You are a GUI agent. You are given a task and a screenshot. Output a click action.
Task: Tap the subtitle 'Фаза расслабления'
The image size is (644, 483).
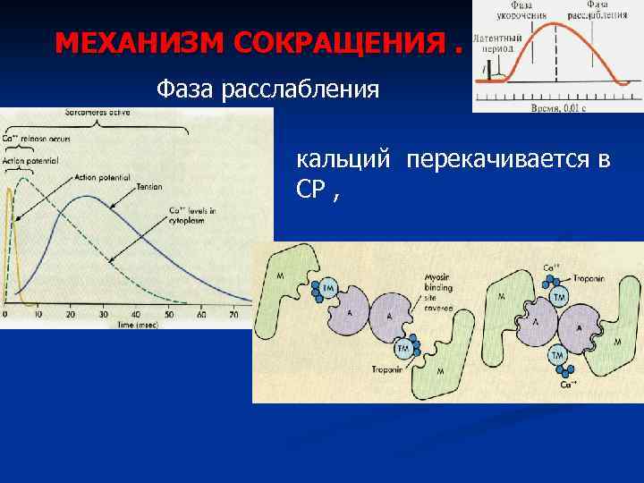coord(267,89)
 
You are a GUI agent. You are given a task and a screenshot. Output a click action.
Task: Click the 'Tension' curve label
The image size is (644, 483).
coord(149,188)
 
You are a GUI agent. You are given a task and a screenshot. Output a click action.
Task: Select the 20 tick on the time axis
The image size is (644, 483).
coord(72,314)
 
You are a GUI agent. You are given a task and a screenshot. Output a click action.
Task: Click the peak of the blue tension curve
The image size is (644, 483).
coord(85,196)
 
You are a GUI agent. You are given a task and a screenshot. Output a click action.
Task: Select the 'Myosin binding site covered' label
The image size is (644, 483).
coord(437,293)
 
